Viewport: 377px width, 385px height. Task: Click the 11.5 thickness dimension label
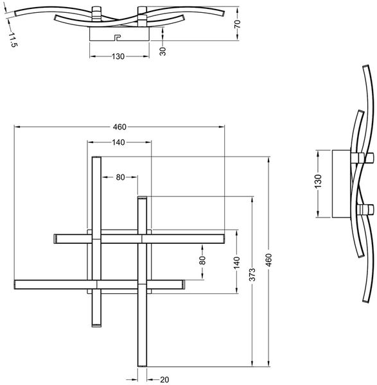13,39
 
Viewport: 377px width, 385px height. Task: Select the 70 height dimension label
237,24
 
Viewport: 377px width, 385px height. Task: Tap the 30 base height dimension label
162,51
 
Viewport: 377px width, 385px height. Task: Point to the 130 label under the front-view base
118,56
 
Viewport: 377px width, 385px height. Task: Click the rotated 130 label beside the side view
318,181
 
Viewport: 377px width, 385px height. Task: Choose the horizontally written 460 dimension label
119,127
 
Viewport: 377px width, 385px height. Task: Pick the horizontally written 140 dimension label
118,142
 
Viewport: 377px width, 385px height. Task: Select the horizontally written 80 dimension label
121,177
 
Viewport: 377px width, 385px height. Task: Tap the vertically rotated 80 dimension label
202,261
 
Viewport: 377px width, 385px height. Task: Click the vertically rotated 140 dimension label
236,262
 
